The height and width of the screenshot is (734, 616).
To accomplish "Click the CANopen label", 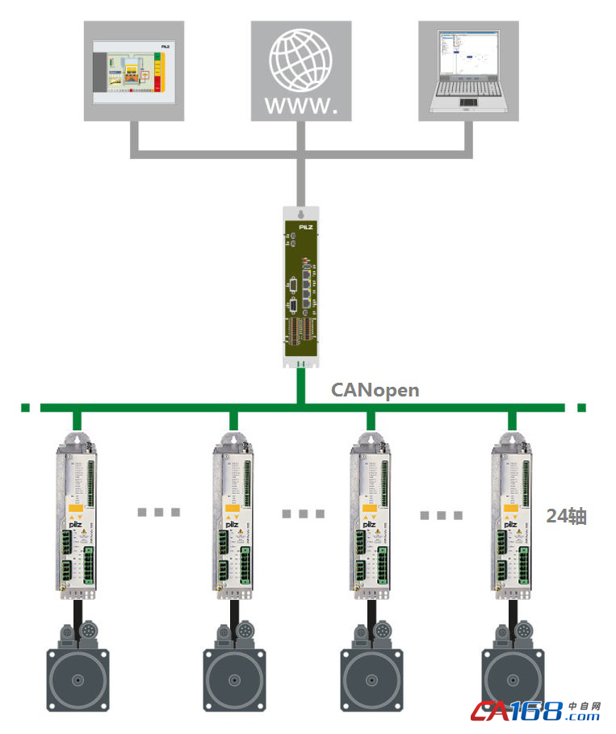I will (x=375, y=390).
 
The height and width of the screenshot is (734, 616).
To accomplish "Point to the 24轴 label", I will (x=566, y=515).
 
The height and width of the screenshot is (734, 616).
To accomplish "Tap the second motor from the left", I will (x=234, y=674).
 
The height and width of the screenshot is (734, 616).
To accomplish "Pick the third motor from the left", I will (x=372, y=674).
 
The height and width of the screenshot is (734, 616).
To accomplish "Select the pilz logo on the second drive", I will (x=230, y=525).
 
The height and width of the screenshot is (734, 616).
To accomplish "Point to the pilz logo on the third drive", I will (x=368, y=525).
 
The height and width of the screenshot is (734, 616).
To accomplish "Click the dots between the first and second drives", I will (x=158, y=512).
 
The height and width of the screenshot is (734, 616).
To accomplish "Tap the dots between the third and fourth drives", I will (x=442, y=514).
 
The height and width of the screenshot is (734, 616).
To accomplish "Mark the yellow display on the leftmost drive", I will (x=74, y=508).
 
